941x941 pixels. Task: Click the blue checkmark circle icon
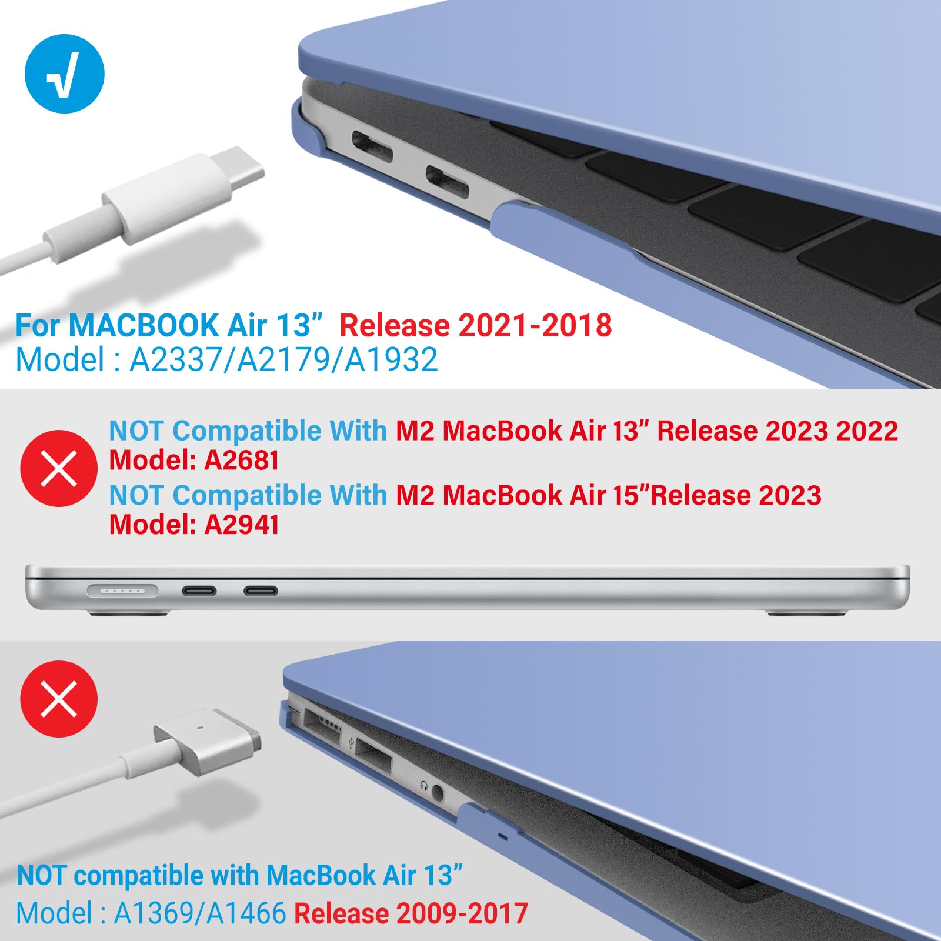point(65,74)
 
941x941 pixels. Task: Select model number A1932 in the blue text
point(392,359)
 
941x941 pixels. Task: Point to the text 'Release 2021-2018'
point(475,325)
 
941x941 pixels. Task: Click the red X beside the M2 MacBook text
point(59,468)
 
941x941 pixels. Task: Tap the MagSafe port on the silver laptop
point(122,590)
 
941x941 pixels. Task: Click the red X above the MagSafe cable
point(59,699)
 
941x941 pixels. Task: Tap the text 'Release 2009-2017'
point(411,913)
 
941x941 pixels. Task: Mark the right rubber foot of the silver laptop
point(806,613)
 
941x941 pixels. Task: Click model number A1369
point(152,913)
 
